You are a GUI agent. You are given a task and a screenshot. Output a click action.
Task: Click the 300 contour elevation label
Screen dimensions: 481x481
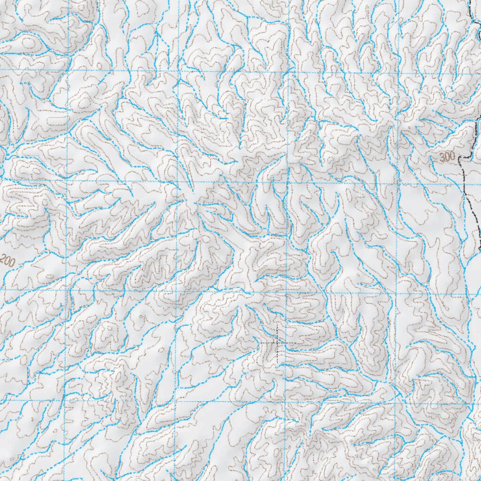click(448, 158)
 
